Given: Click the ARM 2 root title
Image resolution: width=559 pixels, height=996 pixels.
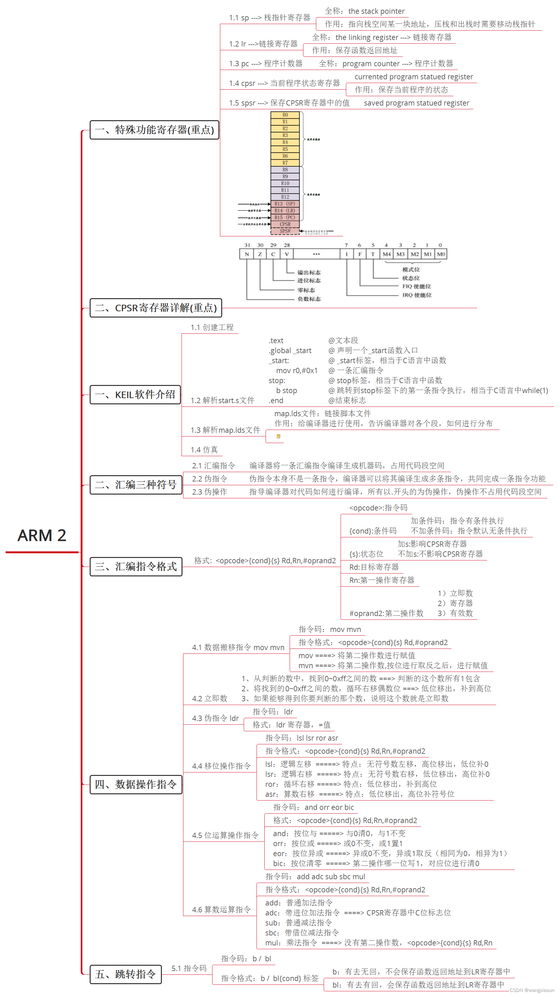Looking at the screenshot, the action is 42,535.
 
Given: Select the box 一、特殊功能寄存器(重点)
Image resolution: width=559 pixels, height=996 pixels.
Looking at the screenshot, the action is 154,130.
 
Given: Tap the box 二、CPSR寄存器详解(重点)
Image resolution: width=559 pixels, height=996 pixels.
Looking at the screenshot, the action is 156,308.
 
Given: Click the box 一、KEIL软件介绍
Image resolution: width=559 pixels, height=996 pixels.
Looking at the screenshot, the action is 135,395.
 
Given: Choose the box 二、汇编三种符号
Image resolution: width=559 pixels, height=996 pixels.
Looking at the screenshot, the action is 136,485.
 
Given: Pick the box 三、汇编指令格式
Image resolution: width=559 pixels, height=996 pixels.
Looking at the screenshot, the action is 136,567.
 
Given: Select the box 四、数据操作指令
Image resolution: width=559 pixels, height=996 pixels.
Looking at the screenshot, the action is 136,785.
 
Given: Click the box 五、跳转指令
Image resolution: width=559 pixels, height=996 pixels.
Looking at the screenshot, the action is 125,974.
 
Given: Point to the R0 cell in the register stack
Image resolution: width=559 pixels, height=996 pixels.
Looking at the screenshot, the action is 285,115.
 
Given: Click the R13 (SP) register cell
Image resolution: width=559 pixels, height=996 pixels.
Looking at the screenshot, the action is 285,204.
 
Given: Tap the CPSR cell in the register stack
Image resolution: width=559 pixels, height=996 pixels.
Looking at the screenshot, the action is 285,224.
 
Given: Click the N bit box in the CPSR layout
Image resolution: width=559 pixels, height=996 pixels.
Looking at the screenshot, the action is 247,254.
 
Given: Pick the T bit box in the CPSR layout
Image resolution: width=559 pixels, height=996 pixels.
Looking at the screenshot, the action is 373,254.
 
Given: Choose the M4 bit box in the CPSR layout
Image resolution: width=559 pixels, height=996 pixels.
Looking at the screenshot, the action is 387,254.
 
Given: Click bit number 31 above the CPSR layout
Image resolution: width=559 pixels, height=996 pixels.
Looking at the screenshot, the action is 247,245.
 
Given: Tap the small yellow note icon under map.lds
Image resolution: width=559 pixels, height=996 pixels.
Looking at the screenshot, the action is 278,436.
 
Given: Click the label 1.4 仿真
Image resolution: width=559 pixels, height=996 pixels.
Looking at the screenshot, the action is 204,450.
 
